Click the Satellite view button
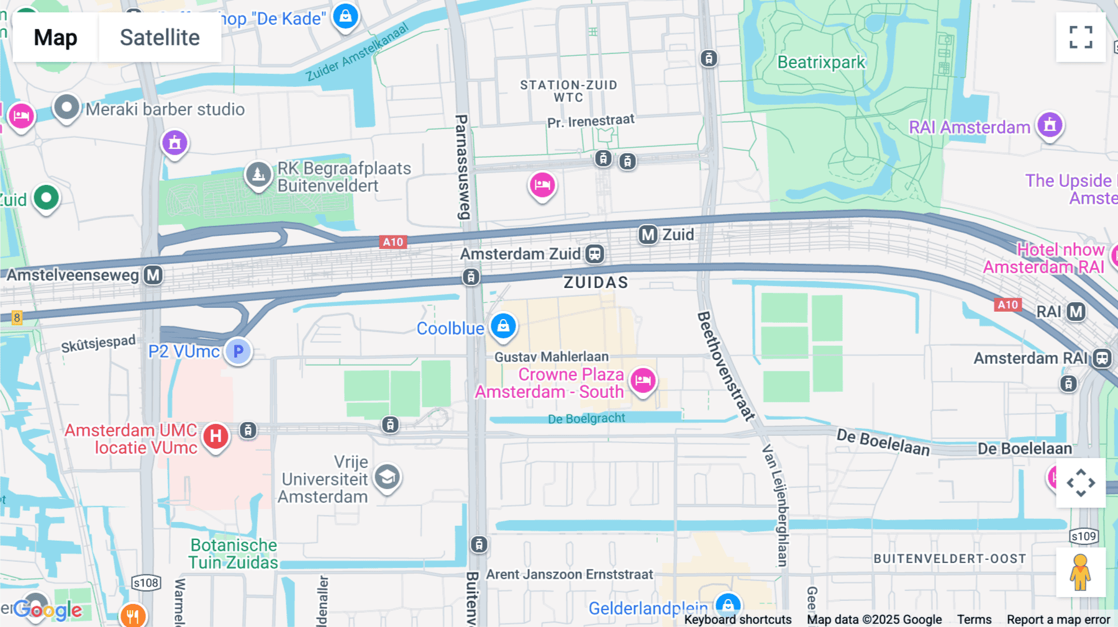[160, 37]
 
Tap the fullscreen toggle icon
[1081, 37]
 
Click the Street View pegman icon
[1080, 572]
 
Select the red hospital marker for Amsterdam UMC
[216, 436]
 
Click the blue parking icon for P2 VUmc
[238, 351]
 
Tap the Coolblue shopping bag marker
[503, 326]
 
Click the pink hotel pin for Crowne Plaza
[643, 379]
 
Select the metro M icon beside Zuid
[648, 235]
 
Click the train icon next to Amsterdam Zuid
[594, 253]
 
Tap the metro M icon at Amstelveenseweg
[153, 275]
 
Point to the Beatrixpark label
[821, 62]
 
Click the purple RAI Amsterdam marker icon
[1050, 125]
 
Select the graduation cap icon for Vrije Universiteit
[387, 477]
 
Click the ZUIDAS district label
[596, 282]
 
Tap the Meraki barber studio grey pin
[66, 107]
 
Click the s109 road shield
[1084, 536]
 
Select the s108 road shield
[146, 582]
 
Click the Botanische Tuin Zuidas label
[234, 554]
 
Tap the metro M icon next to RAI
[1076, 312]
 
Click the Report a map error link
[1058, 619]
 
